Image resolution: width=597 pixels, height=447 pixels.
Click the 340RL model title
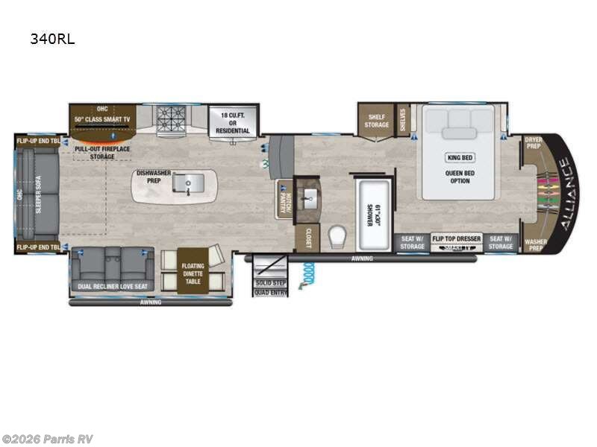52,39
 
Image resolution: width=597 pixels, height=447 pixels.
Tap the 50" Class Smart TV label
101,118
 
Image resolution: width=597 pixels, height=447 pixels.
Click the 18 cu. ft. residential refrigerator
232,121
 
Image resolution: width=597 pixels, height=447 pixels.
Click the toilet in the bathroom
337,235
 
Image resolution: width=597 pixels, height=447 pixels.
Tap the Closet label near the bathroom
307,238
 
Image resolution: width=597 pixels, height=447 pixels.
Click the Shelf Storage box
376,120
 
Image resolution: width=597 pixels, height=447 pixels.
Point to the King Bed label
459,157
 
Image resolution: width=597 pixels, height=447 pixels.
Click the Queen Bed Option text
459,176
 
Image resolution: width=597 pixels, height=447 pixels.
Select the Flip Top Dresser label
456,239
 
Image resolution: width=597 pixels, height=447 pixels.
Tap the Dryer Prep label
532,143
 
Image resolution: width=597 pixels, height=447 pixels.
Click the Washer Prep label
534,246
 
